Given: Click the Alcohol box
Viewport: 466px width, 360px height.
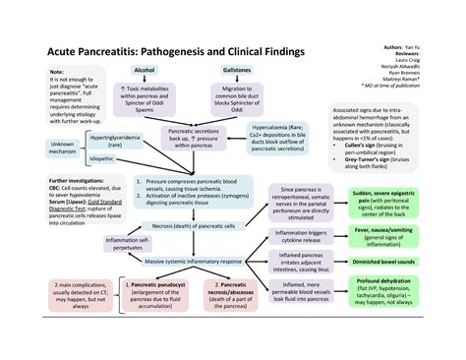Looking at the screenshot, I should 146,71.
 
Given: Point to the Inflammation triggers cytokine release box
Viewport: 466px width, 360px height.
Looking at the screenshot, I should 298,236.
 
